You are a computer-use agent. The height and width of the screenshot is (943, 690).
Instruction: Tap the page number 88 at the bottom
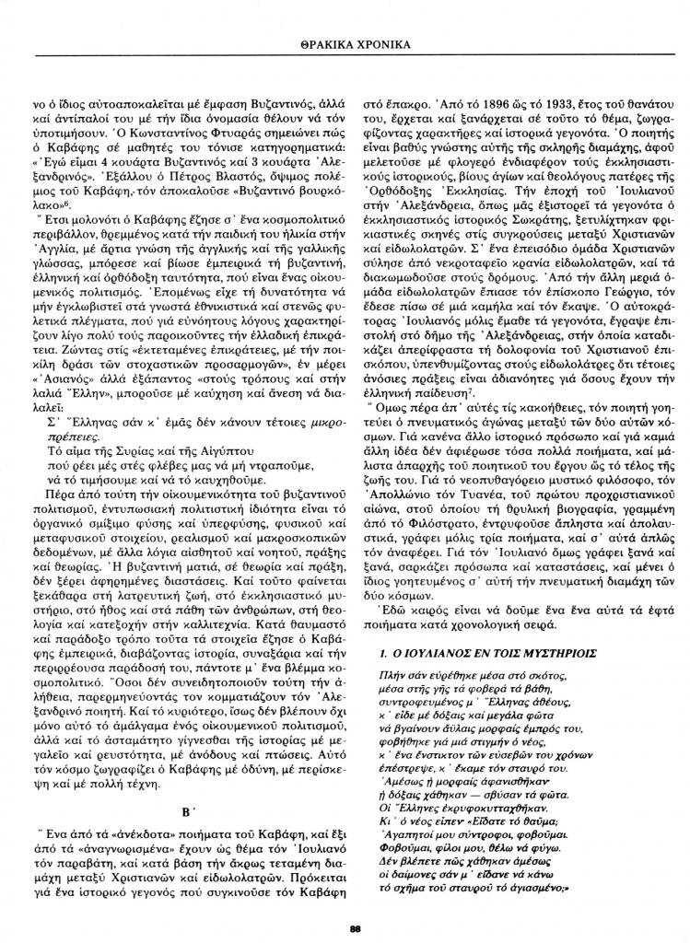click(354, 927)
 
